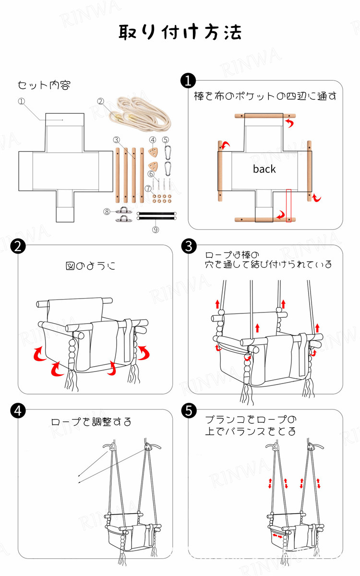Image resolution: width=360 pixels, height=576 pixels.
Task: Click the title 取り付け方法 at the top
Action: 180,32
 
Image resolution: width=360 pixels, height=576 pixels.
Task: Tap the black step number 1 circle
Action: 187,81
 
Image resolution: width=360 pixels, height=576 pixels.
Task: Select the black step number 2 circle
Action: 18,246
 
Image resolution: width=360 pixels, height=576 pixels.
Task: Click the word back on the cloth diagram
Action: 264,169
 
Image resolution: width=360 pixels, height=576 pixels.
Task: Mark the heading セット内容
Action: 44,85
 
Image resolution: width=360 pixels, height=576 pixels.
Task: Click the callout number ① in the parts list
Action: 21,101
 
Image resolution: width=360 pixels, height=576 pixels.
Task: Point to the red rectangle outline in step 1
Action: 288,206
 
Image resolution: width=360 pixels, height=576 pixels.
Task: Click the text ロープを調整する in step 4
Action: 91,422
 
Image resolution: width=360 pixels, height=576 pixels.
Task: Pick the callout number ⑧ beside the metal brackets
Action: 107,211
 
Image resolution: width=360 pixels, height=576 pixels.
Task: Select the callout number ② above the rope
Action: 101,101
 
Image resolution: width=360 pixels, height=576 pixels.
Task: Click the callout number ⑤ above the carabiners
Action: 166,140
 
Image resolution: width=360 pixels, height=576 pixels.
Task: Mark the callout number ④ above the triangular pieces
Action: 152,140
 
